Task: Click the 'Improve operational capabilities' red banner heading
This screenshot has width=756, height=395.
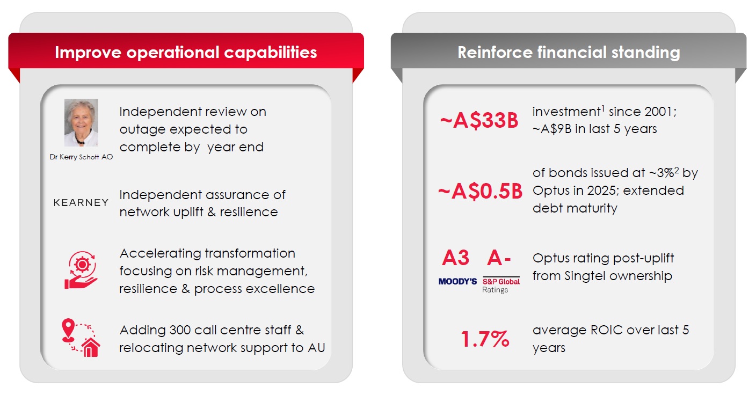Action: coord(186,52)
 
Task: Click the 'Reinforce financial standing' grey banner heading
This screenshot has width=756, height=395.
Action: coord(568,52)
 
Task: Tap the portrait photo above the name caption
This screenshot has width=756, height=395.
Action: coord(81,122)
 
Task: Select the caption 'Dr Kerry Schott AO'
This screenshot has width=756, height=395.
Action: coord(81,157)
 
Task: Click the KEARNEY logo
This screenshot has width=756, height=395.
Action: coord(81,203)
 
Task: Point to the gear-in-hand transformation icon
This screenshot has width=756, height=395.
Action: coord(81,271)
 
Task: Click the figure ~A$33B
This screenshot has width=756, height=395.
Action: coord(479,121)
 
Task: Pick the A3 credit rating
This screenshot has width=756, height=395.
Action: coord(455,259)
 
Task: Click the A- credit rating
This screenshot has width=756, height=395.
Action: coord(498,259)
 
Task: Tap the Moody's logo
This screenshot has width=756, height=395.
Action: coord(457,281)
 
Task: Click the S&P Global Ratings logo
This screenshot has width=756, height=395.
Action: coord(501,284)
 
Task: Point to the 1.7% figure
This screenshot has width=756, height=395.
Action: coord(485,339)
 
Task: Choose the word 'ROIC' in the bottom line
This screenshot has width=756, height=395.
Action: coord(608,330)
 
